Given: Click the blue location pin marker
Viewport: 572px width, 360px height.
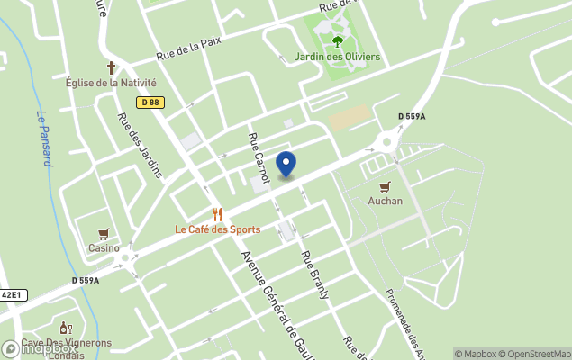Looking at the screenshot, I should [x=286, y=165].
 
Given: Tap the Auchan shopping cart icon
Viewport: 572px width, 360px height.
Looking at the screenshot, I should [x=385, y=186].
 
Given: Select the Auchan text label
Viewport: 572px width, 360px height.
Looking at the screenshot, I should [x=386, y=201].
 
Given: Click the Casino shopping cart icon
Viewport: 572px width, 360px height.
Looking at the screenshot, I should [x=104, y=234].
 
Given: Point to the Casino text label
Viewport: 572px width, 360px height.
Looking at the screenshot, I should [x=104, y=247].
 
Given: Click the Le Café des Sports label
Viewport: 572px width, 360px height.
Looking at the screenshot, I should [x=218, y=229].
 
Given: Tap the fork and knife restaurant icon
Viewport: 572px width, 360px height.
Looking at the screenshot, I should [x=218, y=214].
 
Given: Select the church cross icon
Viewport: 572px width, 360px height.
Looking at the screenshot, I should [x=112, y=67].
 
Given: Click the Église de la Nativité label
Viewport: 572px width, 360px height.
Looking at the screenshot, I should [x=111, y=83].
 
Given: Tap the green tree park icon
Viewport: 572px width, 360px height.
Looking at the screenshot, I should [x=338, y=41].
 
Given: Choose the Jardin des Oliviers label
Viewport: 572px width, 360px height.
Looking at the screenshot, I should [x=338, y=57].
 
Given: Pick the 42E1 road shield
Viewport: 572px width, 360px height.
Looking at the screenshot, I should [x=13, y=294].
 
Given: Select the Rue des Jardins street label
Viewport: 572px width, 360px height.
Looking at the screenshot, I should [x=139, y=144].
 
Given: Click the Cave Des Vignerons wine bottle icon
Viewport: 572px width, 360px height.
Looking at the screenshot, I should [x=65, y=328].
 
